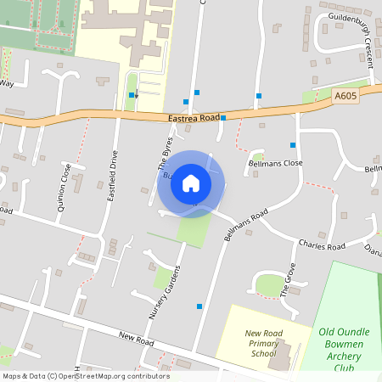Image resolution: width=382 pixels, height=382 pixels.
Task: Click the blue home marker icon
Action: coord(190,183)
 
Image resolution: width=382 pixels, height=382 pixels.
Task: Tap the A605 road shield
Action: coord(345,97)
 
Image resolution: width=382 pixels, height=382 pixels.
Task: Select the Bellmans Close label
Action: coord(275,162)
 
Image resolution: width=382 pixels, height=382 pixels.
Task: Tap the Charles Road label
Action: coord(322,246)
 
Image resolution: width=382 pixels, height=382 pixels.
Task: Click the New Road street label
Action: coord(136,340)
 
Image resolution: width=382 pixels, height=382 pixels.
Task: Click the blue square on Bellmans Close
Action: coord(293,145)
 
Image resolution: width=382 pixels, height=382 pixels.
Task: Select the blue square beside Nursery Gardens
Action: coord(199,306)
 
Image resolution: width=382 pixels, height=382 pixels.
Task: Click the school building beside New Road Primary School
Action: coord(280,355)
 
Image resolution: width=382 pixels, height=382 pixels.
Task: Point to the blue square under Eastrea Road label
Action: coord(223,118)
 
